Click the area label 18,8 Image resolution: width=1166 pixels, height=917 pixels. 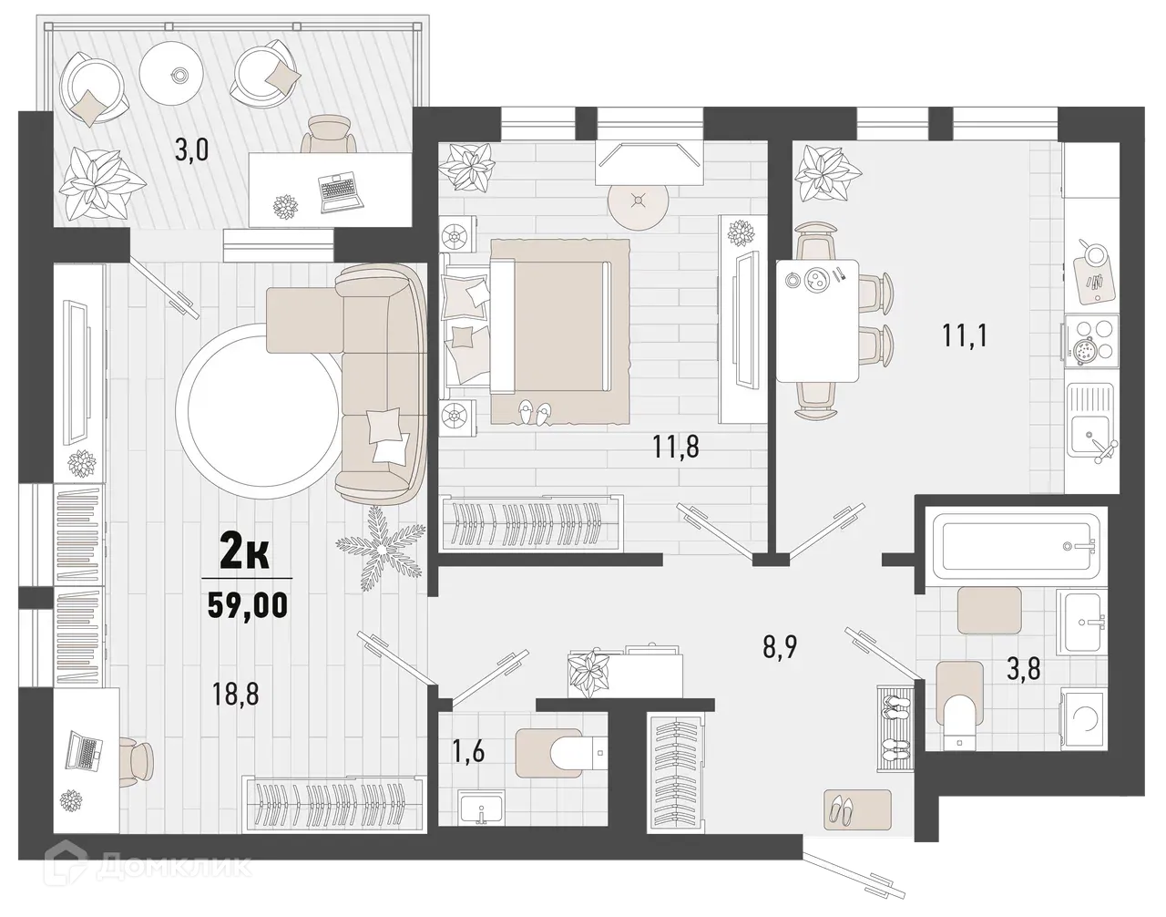tap(235, 695)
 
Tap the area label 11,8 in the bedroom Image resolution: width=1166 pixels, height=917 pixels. tap(676, 448)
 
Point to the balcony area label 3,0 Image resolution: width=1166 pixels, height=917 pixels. tap(191, 149)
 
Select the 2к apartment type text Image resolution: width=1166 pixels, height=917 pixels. tap(245, 553)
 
